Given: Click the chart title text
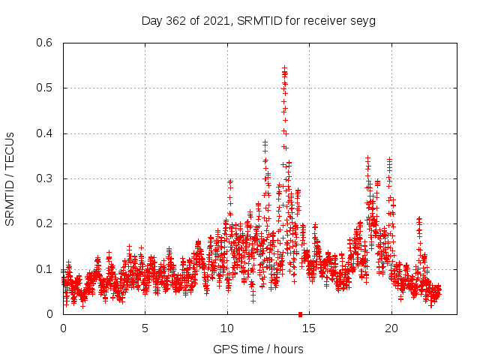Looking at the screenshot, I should pyautogui.click(x=259, y=20).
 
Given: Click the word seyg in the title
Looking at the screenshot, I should pyautogui.click(x=363, y=21).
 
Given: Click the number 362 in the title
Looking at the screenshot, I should pyautogui.click(x=181, y=20).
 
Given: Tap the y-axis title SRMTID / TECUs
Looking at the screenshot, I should pyautogui.click(x=10, y=178).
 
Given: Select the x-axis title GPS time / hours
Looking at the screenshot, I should pyautogui.click(x=259, y=349).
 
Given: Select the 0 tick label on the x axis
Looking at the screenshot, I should pyautogui.click(x=63, y=328).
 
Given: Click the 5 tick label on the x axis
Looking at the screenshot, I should pyautogui.click(x=145, y=328).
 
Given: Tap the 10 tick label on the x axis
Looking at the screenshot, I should pyautogui.click(x=227, y=328).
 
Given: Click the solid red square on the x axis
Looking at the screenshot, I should pyautogui.click(x=300, y=314).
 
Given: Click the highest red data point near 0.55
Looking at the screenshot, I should pyautogui.click(x=284, y=67).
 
